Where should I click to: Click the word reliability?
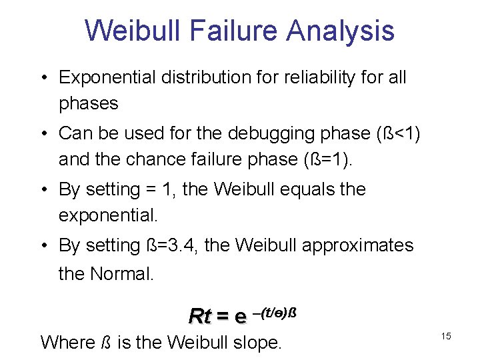pyautogui.click(x=319, y=77)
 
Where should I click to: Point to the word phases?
pyautogui.click(x=88, y=104)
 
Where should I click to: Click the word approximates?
pyautogui.click(x=357, y=245)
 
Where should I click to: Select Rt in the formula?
pyautogui.click(x=199, y=315)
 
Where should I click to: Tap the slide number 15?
pyautogui.click(x=445, y=337)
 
